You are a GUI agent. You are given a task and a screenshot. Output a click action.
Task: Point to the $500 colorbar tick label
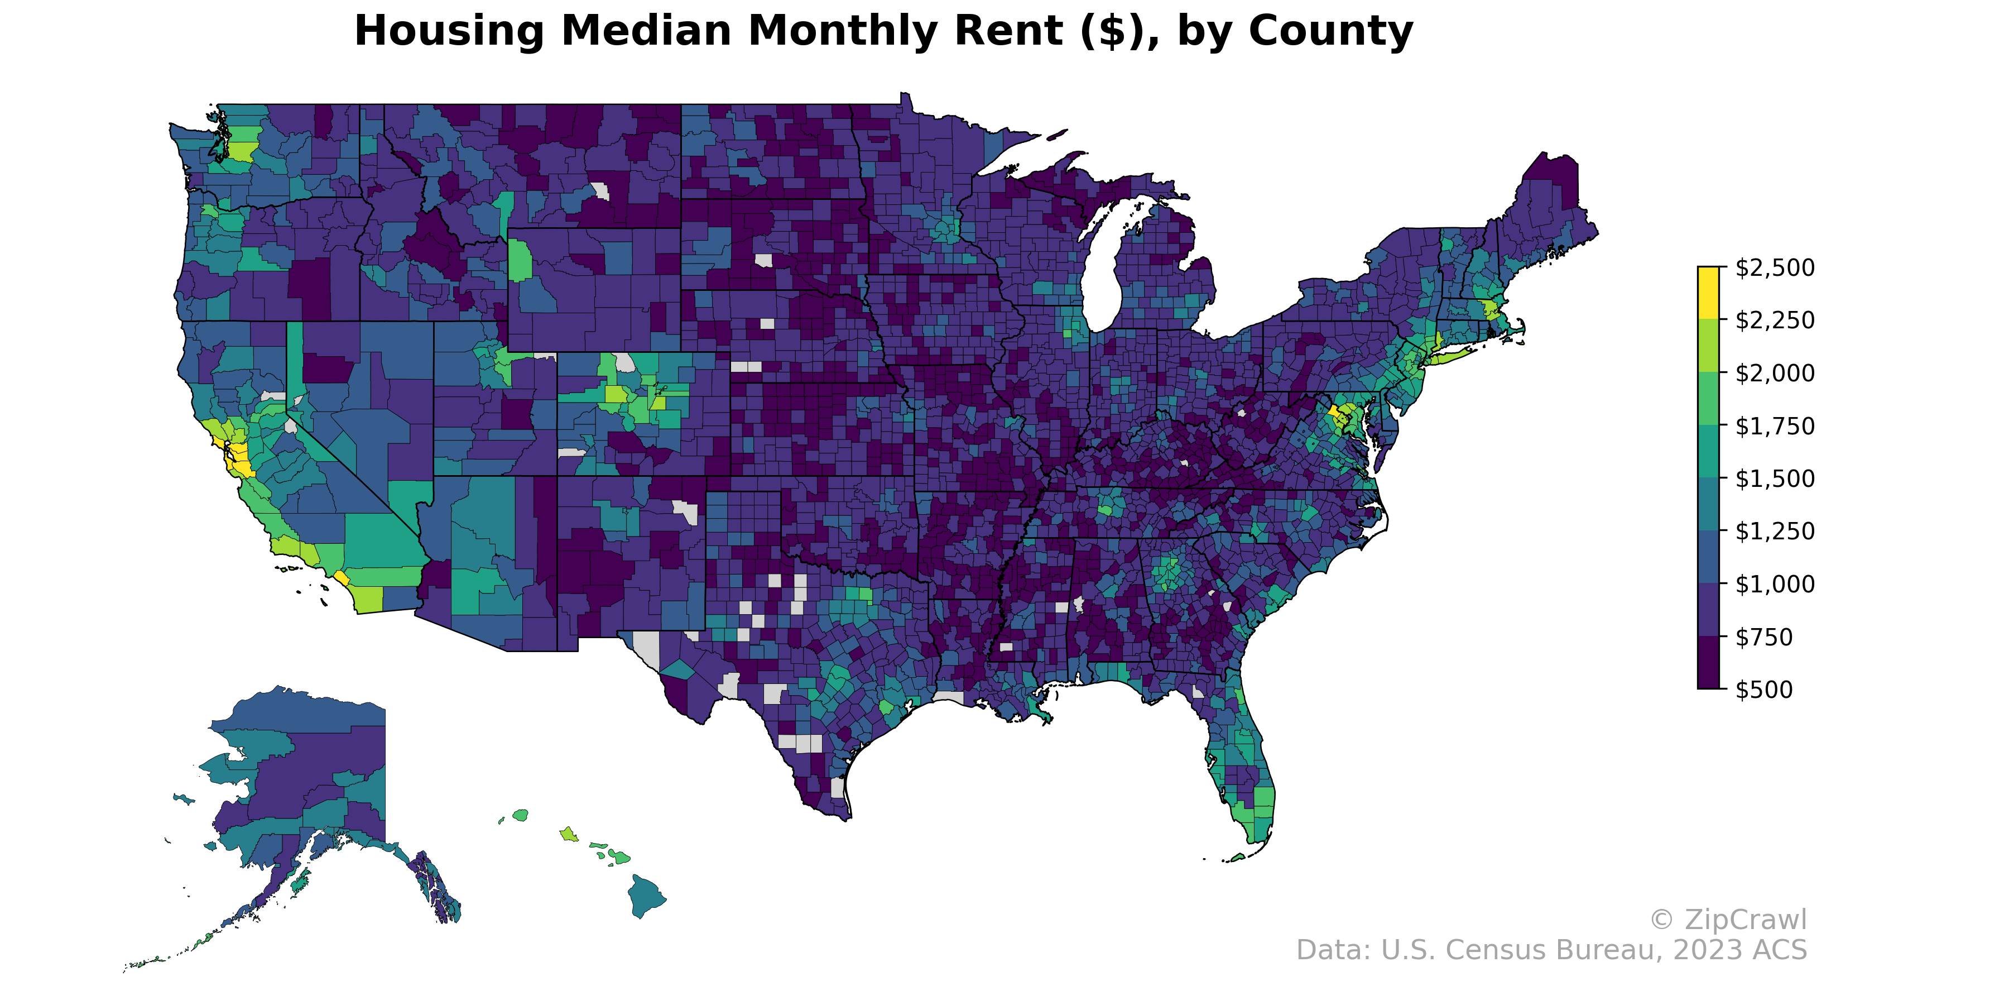(x=1764, y=690)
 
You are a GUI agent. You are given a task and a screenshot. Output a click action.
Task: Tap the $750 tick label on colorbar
(x=1764, y=636)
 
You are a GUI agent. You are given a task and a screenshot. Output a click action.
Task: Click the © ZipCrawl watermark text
(x=1727, y=920)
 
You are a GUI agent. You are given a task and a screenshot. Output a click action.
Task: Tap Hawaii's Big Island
(x=646, y=896)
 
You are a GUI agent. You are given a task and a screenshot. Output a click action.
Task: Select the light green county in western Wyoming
(x=520, y=260)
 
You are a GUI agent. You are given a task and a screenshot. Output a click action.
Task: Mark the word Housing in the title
(x=449, y=31)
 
